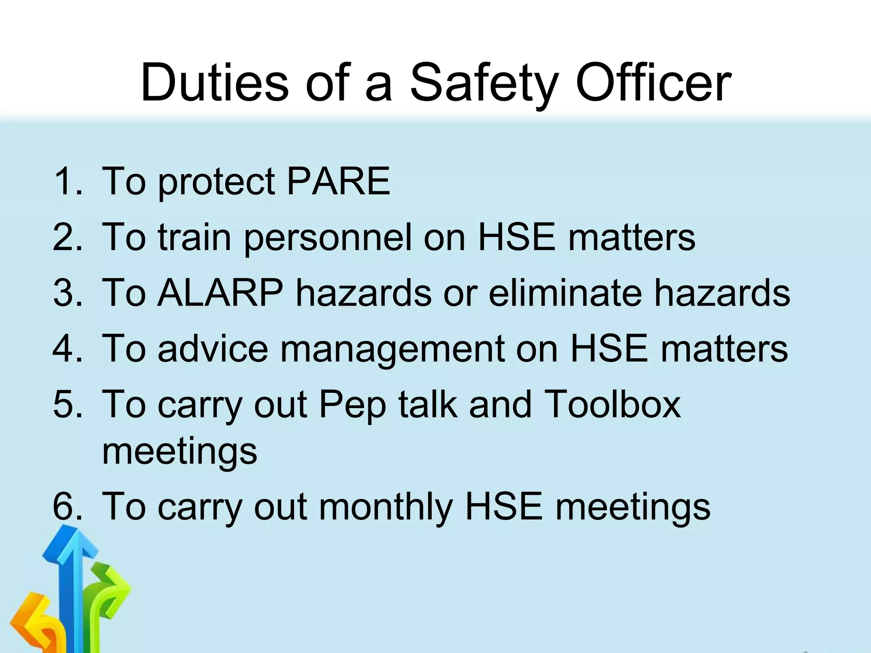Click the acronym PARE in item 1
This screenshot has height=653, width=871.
click(338, 181)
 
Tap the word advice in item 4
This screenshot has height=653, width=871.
click(213, 349)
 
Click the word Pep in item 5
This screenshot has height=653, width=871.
click(352, 405)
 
